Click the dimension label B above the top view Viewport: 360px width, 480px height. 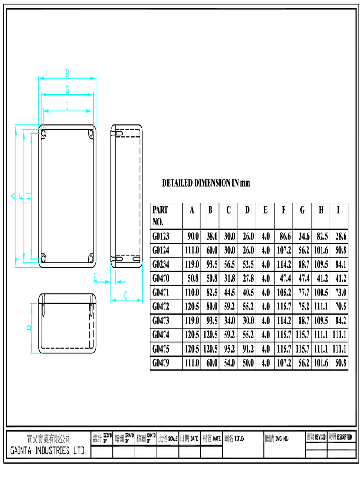click(67, 73)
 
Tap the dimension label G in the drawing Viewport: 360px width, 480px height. click(67, 89)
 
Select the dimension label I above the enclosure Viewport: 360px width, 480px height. click(67, 106)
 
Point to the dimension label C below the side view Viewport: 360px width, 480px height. click(126, 295)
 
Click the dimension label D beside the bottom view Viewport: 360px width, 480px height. click(30, 328)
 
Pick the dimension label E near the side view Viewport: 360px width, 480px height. click(95, 277)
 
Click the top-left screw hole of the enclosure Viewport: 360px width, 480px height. click(44, 134)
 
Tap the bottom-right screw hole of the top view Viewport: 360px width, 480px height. click(91, 258)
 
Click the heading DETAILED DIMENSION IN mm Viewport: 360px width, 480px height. click(206, 183)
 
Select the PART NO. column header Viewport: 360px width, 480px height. click(160, 215)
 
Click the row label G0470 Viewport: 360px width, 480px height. click(161, 278)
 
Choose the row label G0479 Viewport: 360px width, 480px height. click(161, 363)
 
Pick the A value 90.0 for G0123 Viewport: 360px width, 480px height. click(193, 236)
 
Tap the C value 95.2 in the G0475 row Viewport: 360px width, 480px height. click(229, 349)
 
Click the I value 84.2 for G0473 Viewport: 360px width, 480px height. click(340, 321)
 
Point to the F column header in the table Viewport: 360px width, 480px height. click(284, 210)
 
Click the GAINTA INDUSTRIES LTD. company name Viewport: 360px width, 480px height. click(49, 451)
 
